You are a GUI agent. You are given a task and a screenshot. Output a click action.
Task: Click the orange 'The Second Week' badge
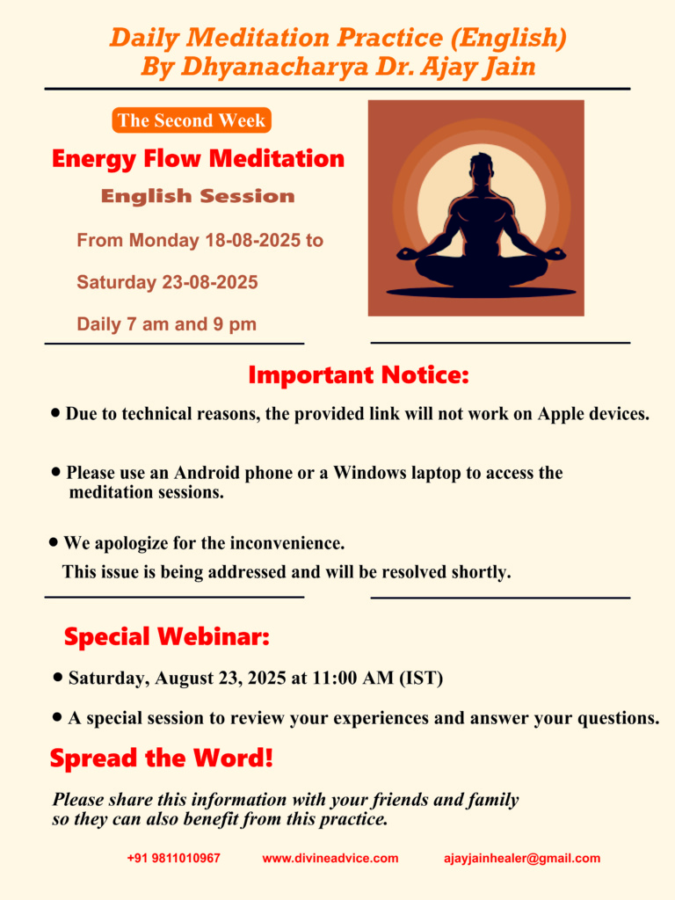pos(192,120)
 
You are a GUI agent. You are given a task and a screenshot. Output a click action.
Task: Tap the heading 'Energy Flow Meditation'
pos(198,159)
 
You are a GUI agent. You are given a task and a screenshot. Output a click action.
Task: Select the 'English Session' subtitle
pos(198,196)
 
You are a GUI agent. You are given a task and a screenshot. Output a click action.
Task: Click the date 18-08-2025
pos(252,240)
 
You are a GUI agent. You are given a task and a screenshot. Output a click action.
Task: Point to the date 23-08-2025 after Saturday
pos(210,282)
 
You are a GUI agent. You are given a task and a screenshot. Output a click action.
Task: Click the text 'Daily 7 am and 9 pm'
pos(166,324)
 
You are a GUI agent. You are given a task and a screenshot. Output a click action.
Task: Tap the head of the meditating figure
pos(482,167)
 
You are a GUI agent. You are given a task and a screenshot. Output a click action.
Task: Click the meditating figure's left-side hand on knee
pos(408,252)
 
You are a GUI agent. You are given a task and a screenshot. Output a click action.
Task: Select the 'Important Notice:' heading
pos(359,374)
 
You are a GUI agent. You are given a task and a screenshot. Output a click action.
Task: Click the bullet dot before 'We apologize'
pos(54,541)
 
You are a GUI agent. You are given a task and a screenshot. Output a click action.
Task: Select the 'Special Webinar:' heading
pos(166,636)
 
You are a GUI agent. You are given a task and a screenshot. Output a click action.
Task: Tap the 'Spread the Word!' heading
pos(162,758)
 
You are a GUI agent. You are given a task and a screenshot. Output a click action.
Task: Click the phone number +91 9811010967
pos(174,858)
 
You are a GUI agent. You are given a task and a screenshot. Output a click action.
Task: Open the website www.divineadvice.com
pos(330,858)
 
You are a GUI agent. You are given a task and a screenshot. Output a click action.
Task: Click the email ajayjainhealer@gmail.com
pos(522,858)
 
